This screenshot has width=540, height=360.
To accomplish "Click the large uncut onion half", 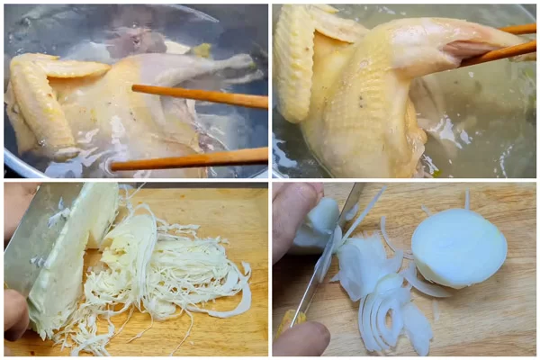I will pos(459,247).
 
